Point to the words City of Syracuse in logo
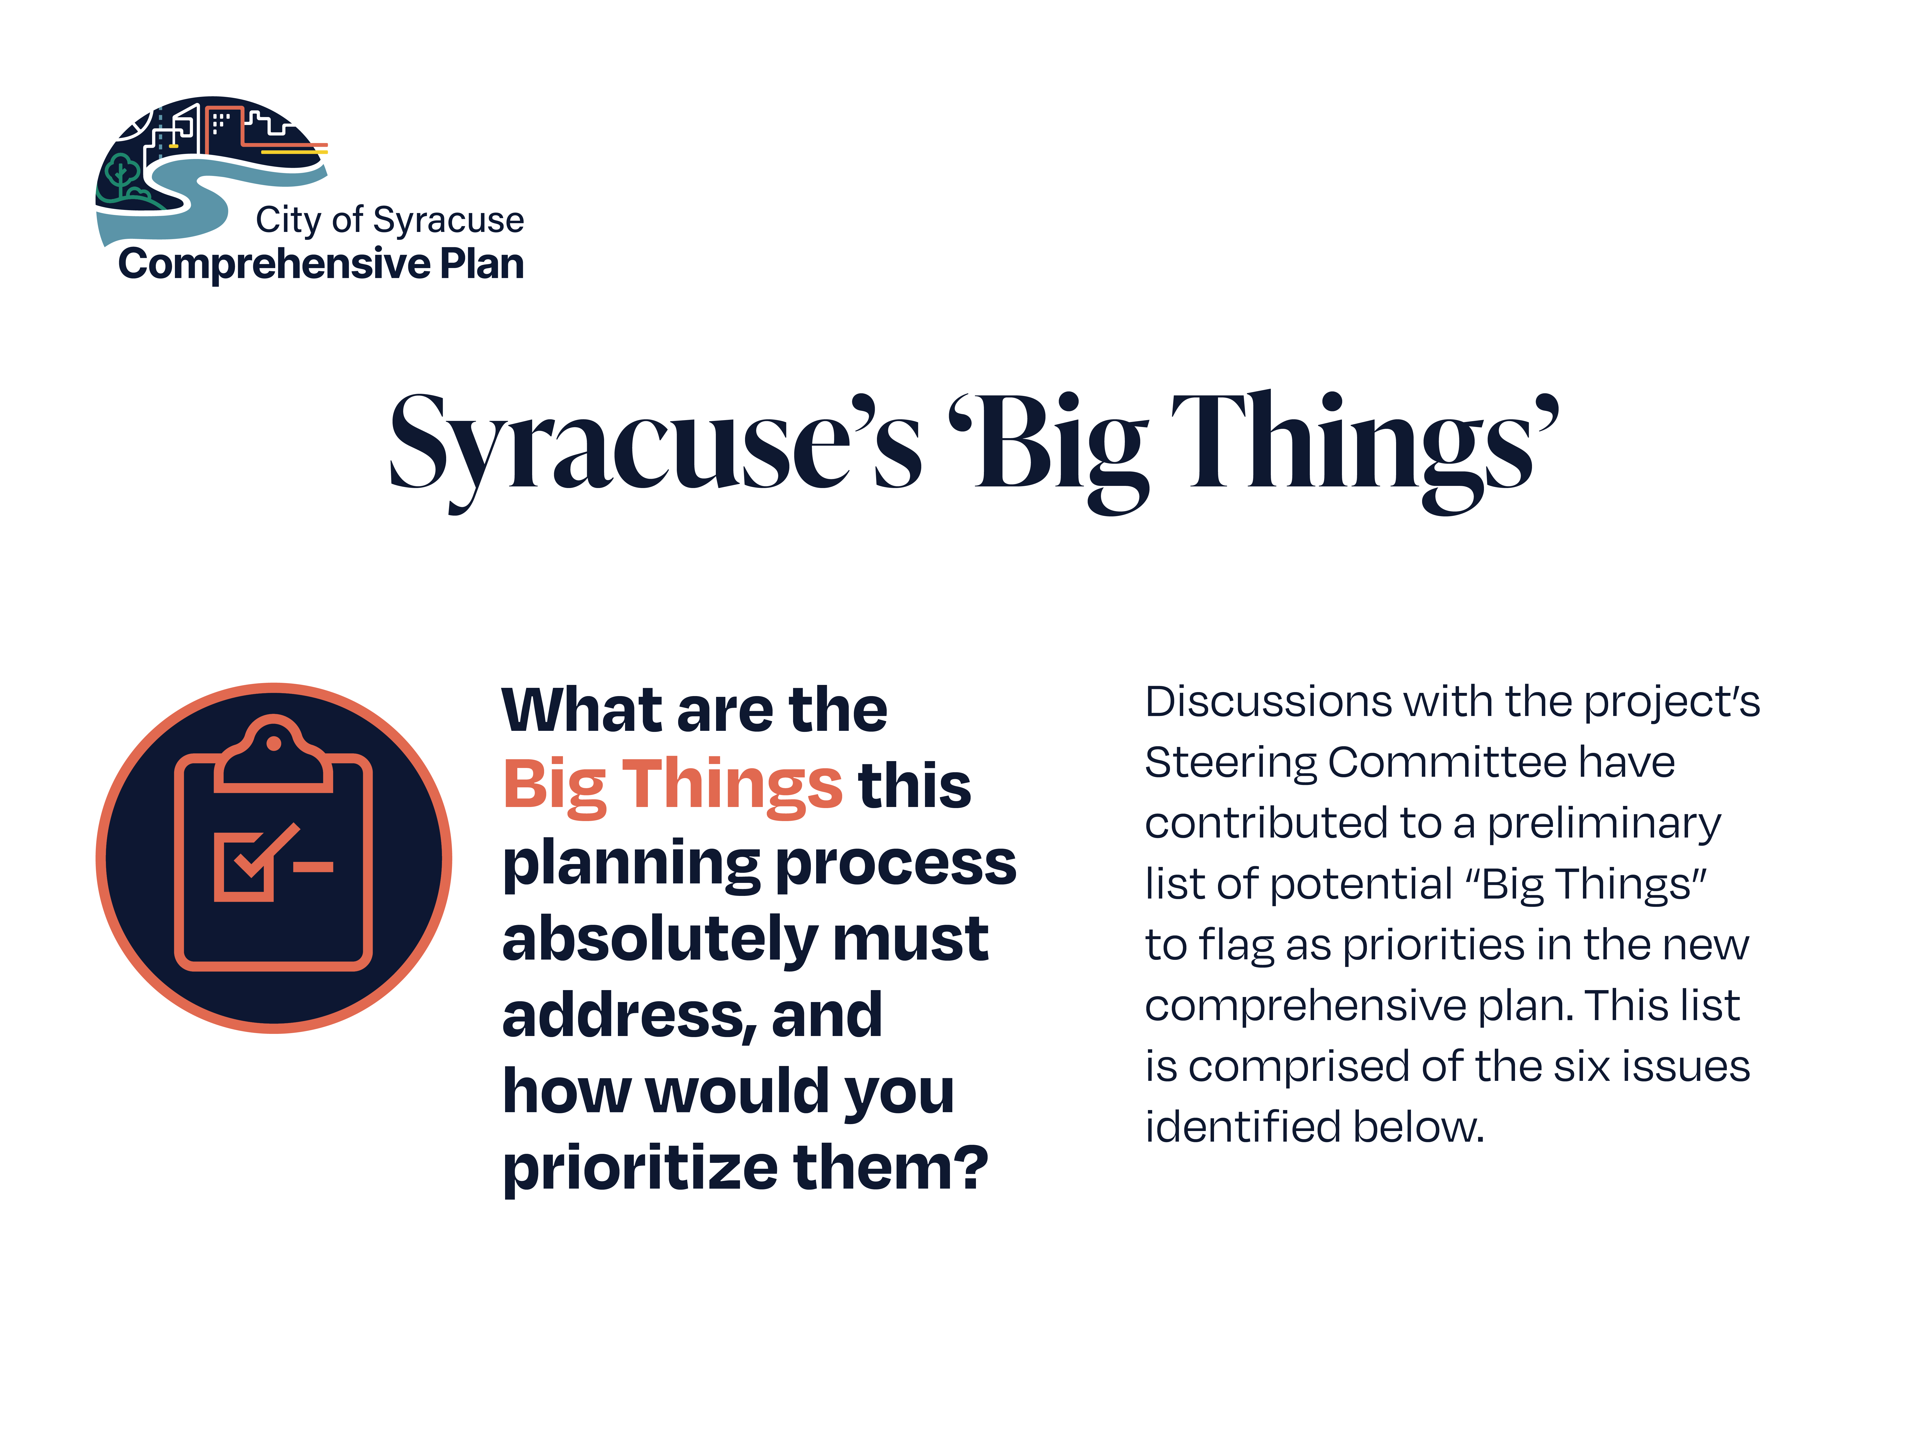click(390, 220)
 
